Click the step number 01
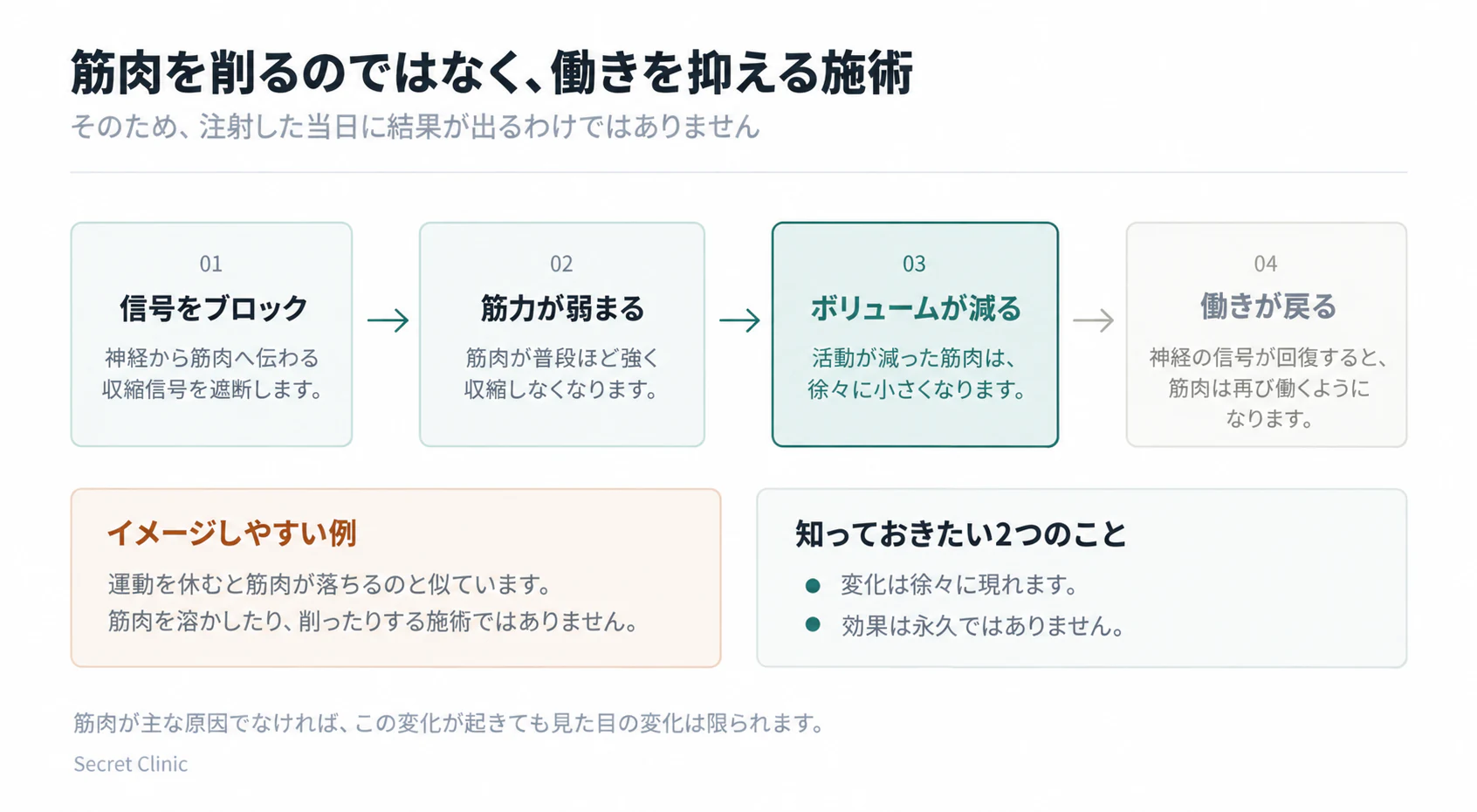[x=211, y=264]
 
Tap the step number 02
[x=562, y=264]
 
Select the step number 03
[x=915, y=264]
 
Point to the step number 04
[x=1266, y=264]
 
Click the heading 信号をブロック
[x=214, y=308]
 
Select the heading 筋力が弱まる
[x=562, y=308]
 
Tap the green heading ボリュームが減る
[x=915, y=308]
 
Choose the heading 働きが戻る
[x=1267, y=306]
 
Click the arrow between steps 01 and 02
[x=388, y=320]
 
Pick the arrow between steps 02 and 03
[x=739, y=320]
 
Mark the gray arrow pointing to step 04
[x=1093, y=320]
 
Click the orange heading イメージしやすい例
[x=232, y=533]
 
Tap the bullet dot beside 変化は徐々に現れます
[x=813, y=585]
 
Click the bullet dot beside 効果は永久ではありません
[x=813, y=624]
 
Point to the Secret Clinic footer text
[x=131, y=764]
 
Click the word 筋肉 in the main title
[x=116, y=72]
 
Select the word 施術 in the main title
[x=868, y=72]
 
